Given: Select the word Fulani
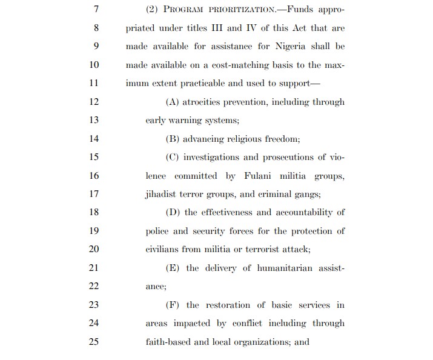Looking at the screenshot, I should click(259, 176).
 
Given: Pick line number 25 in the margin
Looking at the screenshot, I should click(93, 342).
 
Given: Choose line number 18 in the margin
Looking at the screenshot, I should click(93, 212).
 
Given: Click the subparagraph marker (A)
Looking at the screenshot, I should click(172, 102).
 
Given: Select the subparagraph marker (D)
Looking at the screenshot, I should click(173, 212).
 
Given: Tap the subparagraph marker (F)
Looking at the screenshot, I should click(173, 305).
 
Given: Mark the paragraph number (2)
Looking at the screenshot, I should click(153, 10).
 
